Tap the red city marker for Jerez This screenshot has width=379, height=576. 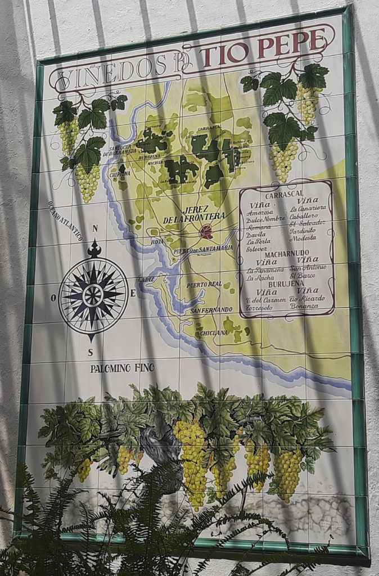pyautogui.click(x=206, y=231)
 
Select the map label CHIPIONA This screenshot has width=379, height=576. pyautogui.click(x=119, y=174)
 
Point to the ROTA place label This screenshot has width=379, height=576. pyautogui.click(x=157, y=241)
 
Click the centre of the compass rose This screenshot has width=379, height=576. pyautogui.click(x=93, y=295)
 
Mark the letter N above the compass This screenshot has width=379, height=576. pyautogui.click(x=94, y=228)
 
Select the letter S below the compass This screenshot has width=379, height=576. pyautogui.click(x=90, y=353)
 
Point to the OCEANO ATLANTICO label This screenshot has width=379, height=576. pyautogui.click(x=65, y=221)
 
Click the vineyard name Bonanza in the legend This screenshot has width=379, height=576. pyautogui.click(x=304, y=306)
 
